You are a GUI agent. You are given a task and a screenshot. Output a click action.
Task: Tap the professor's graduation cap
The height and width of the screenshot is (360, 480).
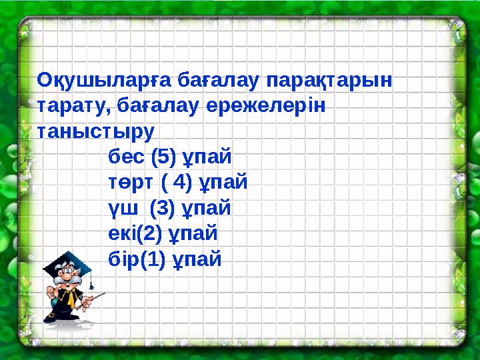click(69, 265)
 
